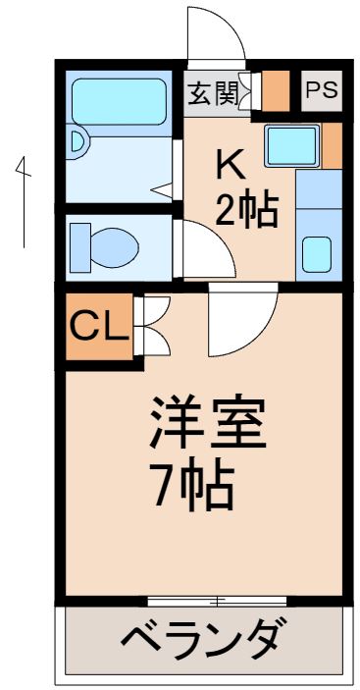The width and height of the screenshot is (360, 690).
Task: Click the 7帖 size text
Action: [x=192, y=484]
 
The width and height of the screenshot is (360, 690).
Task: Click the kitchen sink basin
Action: [x=290, y=146]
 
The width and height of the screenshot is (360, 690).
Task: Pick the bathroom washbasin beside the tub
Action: [x=78, y=143]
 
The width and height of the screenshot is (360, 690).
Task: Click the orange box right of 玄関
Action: [x=278, y=91]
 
